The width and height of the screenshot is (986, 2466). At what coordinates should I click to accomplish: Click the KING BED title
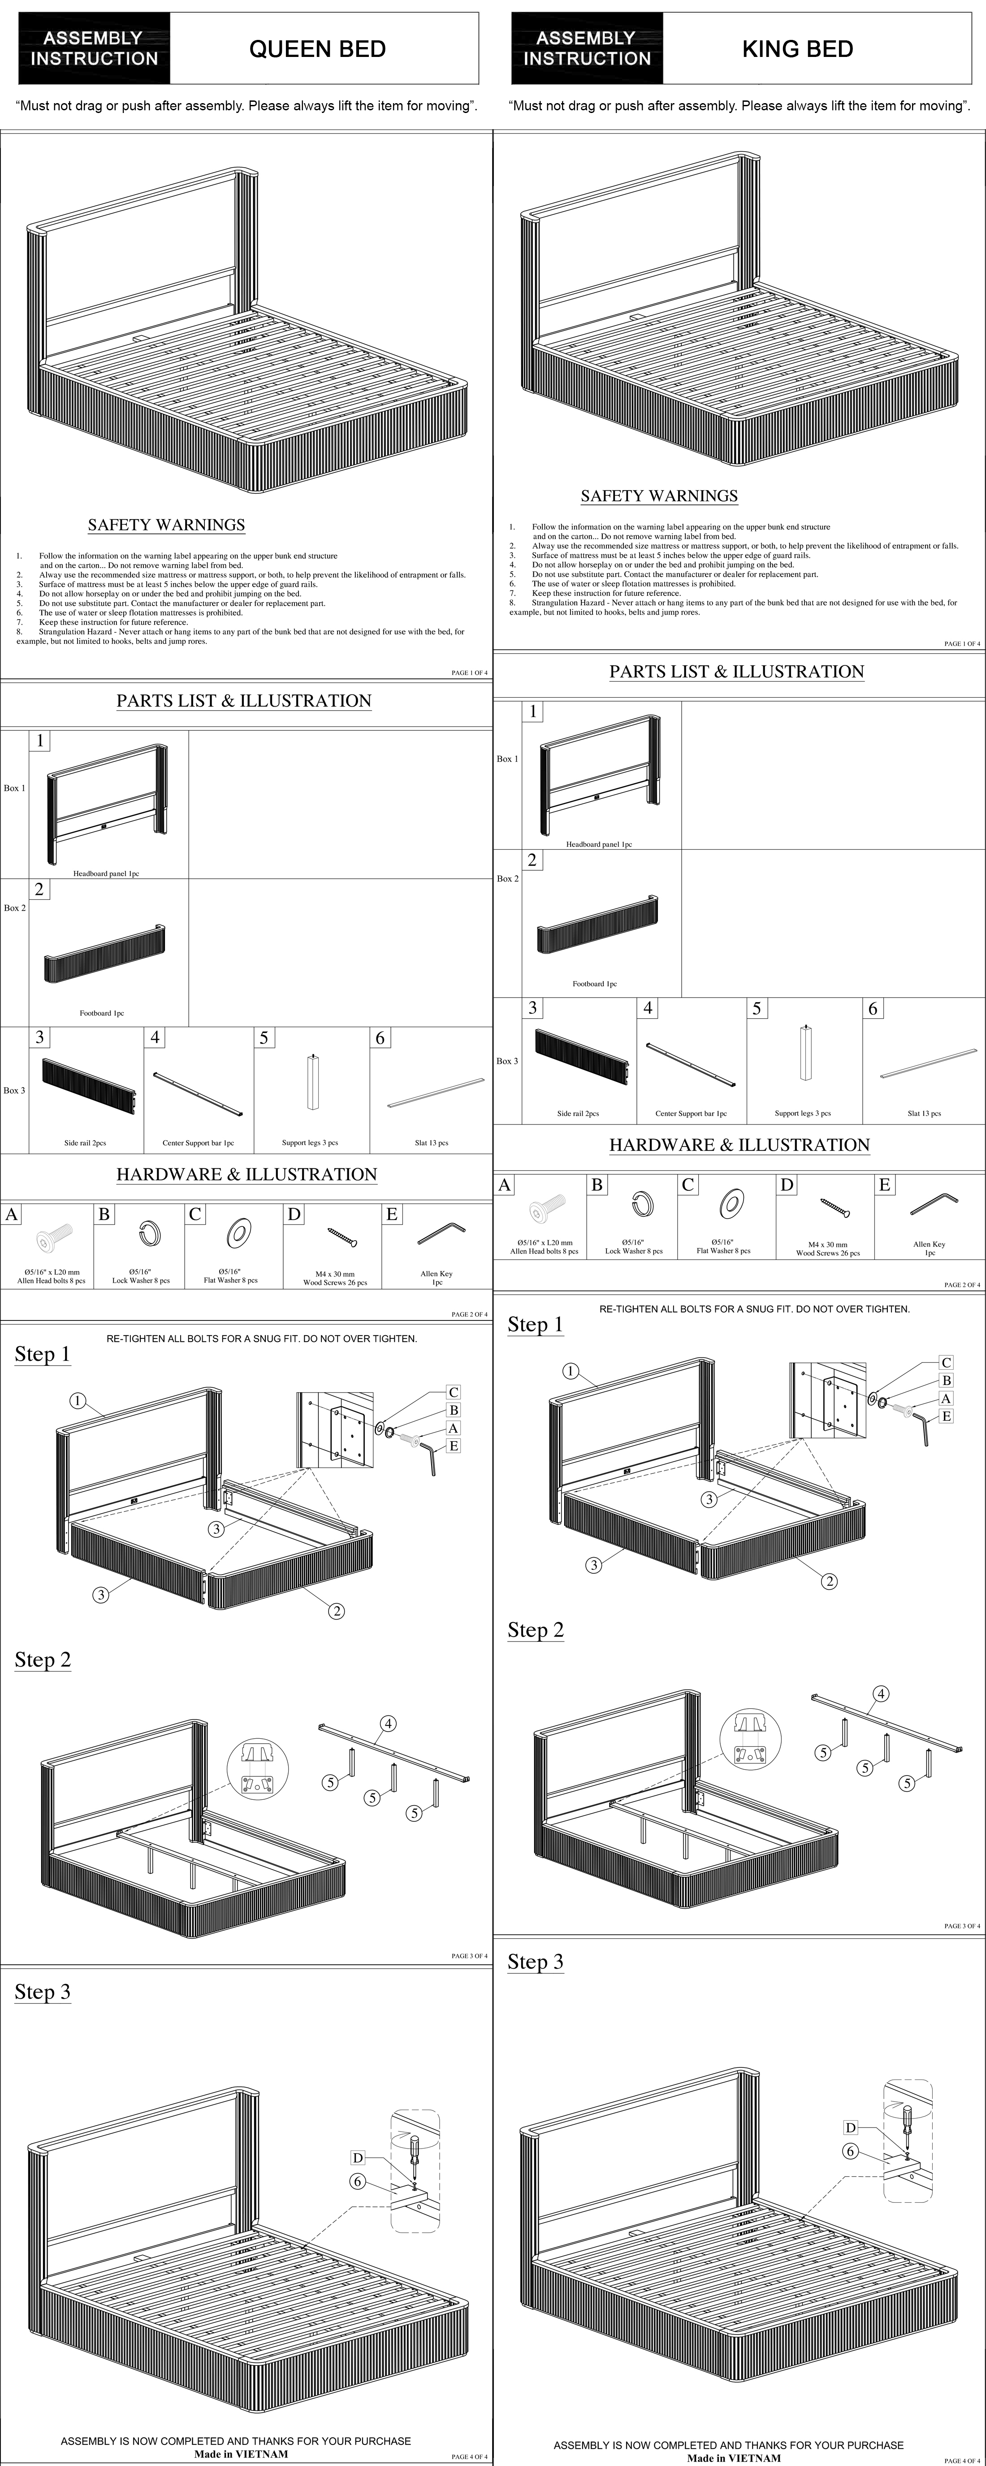click(x=797, y=49)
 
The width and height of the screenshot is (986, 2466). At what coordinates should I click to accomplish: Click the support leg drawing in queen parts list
click(x=312, y=1082)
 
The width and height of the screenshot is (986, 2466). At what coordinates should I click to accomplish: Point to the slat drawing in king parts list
click(x=925, y=1064)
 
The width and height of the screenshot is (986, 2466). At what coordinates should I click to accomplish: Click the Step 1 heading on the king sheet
click(x=535, y=1325)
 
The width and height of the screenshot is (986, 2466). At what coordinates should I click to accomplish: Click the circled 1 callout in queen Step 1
click(x=78, y=1402)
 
